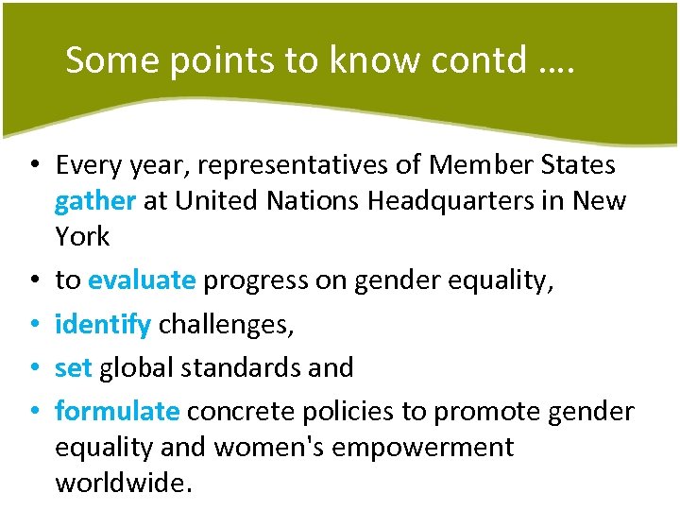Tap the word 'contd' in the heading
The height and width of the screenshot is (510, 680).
tap(468, 60)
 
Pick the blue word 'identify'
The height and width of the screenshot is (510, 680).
tap(103, 325)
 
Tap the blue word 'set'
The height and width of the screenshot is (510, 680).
tap(73, 367)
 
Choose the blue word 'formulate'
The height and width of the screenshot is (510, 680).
tap(117, 411)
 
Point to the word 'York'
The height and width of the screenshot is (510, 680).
tap(82, 236)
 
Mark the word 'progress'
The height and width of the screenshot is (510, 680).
tap(250, 281)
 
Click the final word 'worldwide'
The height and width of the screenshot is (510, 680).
tap(122, 483)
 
